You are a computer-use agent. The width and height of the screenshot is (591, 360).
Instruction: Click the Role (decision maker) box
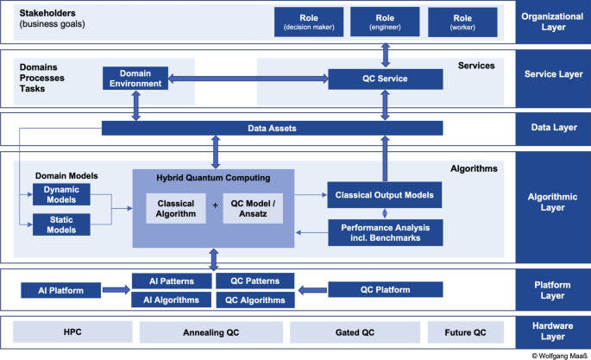click(308, 22)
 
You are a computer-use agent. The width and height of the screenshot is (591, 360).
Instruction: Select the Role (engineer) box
click(386, 22)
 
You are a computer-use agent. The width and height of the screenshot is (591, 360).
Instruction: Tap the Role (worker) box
click(462, 22)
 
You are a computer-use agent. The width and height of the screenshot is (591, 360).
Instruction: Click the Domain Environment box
click(135, 79)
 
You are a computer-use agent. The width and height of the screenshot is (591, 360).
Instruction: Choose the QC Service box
click(385, 79)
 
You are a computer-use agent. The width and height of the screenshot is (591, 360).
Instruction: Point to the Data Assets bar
click(273, 129)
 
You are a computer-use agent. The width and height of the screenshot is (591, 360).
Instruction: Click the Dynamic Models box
click(60, 194)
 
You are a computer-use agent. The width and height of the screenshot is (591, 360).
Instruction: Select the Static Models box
click(60, 224)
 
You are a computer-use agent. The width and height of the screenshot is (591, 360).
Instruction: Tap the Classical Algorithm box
click(176, 208)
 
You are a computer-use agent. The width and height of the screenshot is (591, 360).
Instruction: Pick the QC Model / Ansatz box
click(253, 208)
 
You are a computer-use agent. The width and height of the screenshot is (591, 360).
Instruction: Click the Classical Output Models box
click(386, 195)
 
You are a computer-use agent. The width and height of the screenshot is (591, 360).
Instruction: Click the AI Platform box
click(60, 290)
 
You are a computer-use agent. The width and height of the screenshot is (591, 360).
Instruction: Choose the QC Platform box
click(386, 290)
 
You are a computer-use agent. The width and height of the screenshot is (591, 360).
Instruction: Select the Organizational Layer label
click(552, 22)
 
